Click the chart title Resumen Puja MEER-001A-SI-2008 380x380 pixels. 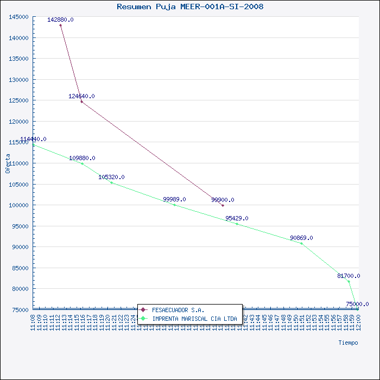coord(190,7)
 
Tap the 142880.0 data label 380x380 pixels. coord(60,20)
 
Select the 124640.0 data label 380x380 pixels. coord(81,96)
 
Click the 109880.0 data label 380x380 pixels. coord(82,158)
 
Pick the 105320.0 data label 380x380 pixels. coord(111,177)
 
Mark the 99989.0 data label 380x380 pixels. coord(174,199)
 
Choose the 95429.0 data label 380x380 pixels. coord(237,218)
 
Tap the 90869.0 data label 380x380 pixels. coord(301,238)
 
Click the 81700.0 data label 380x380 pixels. coord(349,276)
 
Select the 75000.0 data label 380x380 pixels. coord(357,304)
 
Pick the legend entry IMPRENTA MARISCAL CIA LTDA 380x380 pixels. coord(194,319)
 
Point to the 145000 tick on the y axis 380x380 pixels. coord(19,17)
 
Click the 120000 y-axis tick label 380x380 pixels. coord(19,122)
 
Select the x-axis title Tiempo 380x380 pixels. coord(348,343)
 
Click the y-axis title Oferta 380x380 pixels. coord(8,163)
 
